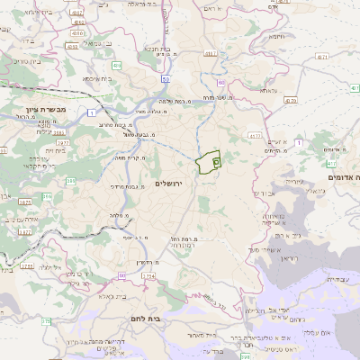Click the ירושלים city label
click(x=168, y=183)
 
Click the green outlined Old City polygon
click(x=207, y=162)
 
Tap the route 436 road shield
click(x=116, y=66)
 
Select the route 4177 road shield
click(x=256, y=137)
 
